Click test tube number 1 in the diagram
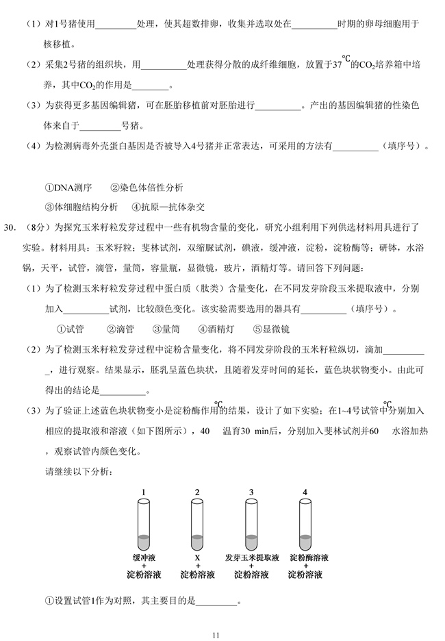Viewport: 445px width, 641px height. click(x=143, y=525)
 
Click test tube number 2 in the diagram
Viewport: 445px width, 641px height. click(x=197, y=525)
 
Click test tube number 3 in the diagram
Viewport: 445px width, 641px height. click(x=251, y=525)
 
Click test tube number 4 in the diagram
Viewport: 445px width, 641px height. click(x=305, y=525)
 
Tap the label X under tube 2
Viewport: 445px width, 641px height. click(x=197, y=557)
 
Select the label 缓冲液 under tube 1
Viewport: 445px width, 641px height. click(x=144, y=557)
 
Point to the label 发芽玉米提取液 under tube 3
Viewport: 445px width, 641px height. click(x=251, y=557)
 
